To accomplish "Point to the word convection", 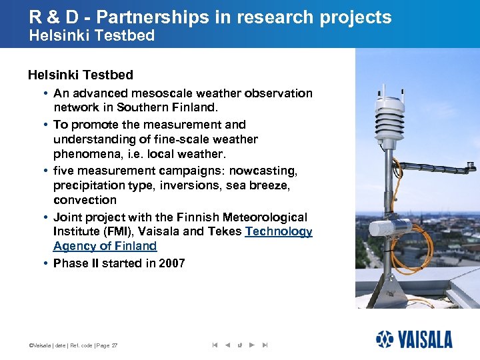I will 85,200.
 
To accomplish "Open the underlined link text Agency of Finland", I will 105,246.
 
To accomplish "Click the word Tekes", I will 225,231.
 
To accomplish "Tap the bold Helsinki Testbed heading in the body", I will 80,75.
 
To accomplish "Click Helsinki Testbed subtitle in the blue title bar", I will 91,35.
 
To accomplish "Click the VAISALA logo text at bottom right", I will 425,340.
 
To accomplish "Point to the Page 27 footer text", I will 105,345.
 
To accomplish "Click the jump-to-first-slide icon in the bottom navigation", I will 215,345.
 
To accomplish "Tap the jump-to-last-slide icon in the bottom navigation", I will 265,345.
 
